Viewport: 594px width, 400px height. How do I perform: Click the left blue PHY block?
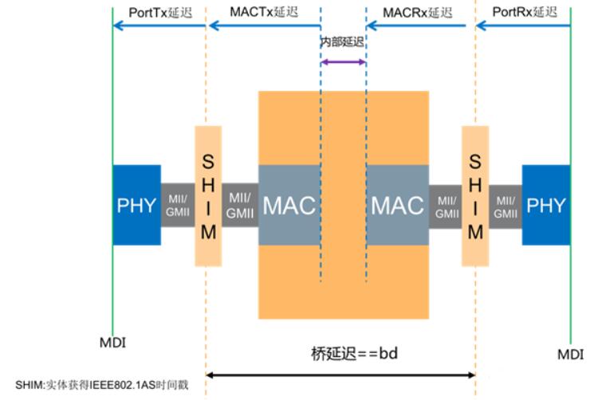(136, 206)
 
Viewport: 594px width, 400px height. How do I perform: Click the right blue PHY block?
(546, 206)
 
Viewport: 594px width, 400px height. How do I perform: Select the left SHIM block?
(207, 196)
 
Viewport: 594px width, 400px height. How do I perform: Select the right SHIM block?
(475, 196)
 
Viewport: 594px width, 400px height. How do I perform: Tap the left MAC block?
(289, 206)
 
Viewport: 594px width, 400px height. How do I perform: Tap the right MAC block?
(397, 206)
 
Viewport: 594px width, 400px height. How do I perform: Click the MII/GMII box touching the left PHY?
(177, 206)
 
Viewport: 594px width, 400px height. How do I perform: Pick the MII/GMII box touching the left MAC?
(239, 206)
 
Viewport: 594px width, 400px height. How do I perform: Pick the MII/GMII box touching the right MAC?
(446, 206)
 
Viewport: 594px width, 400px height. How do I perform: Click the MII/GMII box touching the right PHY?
(505, 206)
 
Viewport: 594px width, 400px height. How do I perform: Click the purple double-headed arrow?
(344, 61)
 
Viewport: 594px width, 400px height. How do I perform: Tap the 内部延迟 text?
(343, 41)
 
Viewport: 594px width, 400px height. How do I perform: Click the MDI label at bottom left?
(113, 343)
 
